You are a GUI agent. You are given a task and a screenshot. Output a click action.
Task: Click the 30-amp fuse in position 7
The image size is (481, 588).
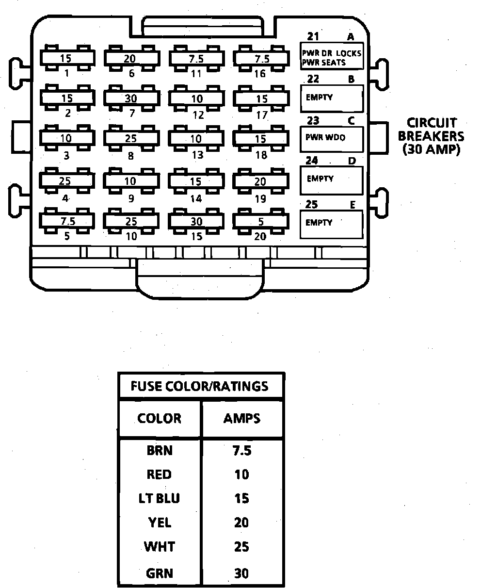point(130,98)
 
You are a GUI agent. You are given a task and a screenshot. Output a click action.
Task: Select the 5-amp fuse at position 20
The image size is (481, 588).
point(261,222)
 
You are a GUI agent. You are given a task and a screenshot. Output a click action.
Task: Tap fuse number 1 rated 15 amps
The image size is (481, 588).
point(66,59)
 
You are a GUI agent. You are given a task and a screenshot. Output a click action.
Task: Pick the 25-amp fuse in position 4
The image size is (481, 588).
point(65,181)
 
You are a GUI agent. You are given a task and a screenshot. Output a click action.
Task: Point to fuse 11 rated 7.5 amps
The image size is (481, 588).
point(196,59)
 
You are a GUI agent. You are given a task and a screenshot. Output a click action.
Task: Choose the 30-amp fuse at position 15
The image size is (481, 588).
point(196,222)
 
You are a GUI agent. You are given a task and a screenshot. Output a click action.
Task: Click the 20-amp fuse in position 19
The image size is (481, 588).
point(260,181)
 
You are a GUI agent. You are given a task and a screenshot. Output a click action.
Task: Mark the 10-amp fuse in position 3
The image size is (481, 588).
point(66,138)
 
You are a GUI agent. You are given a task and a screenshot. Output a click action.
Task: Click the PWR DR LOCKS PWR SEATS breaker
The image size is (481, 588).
point(332,57)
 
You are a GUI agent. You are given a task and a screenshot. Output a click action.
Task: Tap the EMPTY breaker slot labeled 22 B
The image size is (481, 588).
point(332,98)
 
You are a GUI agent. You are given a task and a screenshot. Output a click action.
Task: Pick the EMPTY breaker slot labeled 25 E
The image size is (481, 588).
point(332,224)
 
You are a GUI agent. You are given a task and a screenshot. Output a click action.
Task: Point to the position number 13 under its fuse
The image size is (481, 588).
point(196,155)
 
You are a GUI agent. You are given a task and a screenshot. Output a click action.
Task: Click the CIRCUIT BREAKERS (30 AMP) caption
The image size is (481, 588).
point(431,136)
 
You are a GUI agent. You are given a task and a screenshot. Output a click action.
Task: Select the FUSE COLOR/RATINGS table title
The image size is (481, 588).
point(199,386)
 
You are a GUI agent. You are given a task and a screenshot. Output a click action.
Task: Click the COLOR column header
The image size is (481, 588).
point(160,418)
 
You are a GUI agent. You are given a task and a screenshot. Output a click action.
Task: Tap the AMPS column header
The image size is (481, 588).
point(242,418)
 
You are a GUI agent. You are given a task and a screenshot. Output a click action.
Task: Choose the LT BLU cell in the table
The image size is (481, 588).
point(160,498)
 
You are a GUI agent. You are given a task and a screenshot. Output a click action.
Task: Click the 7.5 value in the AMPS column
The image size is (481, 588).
point(242,451)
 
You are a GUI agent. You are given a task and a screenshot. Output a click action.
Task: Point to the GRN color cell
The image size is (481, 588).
point(160,573)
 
